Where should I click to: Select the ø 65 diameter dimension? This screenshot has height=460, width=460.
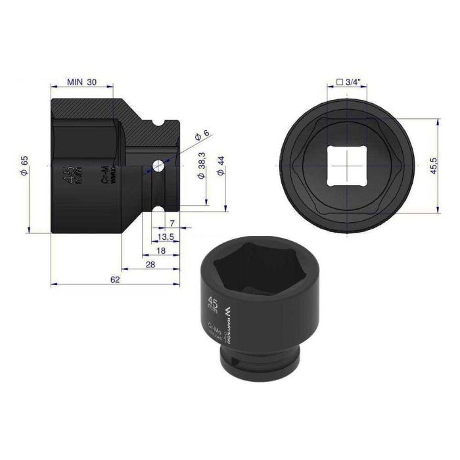24,167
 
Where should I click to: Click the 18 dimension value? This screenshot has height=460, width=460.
160,251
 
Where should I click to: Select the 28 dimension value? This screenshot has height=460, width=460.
150,265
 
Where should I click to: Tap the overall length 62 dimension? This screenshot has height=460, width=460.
115,280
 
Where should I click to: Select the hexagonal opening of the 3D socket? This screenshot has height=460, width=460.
256,269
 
